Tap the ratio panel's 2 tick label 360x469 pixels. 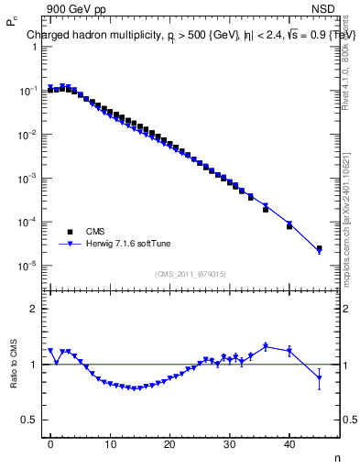(34, 309)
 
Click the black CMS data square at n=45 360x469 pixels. (319, 248)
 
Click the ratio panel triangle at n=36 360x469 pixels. (266, 346)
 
